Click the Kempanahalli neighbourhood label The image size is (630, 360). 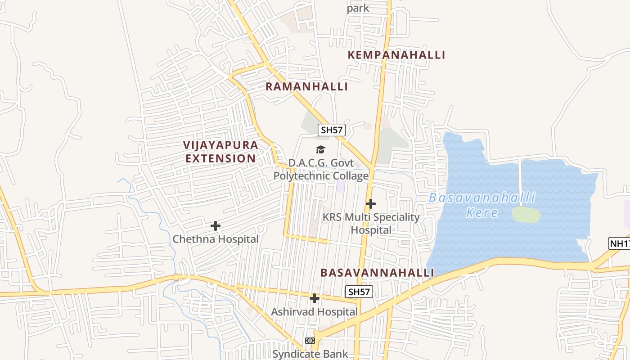pyautogui.click(x=396, y=55)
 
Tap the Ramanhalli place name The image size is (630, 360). pyautogui.click(x=307, y=86)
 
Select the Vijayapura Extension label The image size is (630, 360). pyautogui.click(x=220, y=152)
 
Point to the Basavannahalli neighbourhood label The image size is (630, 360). pyautogui.click(x=377, y=273)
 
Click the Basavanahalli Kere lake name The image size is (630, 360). pyautogui.click(x=482, y=205)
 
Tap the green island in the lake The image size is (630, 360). pyautogui.click(x=526, y=215)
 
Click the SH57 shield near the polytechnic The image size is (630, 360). pyautogui.click(x=331, y=130)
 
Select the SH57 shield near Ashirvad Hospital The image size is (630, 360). pyautogui.click(x=359, y=292)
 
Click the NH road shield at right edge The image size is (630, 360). pyautogui.click(x=619, y=243)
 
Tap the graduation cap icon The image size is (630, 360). pyautogui.click(x=320, y=149)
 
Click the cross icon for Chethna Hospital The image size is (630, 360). pyautogui.click(x=216, y=226)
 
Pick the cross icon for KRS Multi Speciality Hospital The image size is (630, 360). pyautogui.click(x=370, y=204)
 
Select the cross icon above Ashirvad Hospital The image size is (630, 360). pyautogui.click(x=315, y=298)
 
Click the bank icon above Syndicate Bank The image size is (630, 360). pyautogui.click(x=310, y=341)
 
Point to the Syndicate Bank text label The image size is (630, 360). pyautogui.click(x=310, y=354)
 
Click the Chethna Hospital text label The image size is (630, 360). pyautogui.click(x=216, y=239)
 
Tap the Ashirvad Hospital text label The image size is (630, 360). pyautogui.click(x=314, y=311)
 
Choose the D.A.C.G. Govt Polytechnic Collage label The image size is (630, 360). pyautogui.click(x=321, y=169)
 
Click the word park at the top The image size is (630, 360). pyautogui.click(x=358, y=8)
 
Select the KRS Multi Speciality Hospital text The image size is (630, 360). pyautogui.click(x=371, y=224)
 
